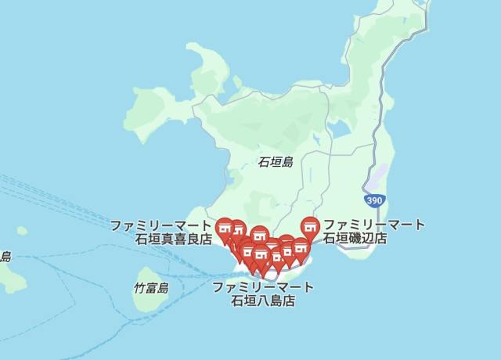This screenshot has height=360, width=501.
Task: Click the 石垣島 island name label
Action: [x=276, y=163]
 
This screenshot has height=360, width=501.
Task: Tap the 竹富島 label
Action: [x=151, y=288]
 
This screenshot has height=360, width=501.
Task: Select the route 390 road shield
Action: [x=375, y=201]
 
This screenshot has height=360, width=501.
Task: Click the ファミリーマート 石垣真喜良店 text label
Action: [x=160, y=232]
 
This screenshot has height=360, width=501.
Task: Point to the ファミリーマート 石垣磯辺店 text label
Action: [x=374, y=232]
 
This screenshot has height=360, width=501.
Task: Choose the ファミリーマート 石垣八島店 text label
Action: [x=263, y=293]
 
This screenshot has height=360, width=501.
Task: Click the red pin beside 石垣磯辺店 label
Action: [x=311, y=228]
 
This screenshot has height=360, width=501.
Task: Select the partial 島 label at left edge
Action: [x=5, y=257]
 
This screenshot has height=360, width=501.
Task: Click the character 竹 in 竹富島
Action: [x=139, y=288]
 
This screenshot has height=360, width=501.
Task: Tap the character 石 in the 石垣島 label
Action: [x=264, y=163]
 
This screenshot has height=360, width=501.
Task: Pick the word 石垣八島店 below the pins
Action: [x=263, y=301]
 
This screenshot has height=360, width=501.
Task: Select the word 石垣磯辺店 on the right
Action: [x=355, y=239]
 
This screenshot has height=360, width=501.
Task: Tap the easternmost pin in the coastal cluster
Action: [x=301, y=250]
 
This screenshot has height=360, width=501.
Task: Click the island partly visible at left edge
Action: [x=10, y=274]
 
